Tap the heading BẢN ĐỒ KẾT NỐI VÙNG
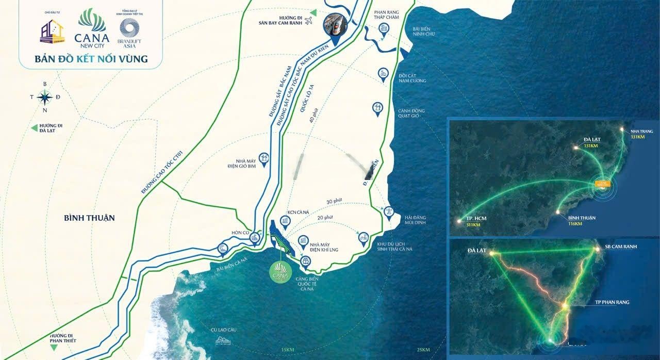[91, 59]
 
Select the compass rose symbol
[45, 96]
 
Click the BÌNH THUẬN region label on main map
[89, 218]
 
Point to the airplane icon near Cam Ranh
[309, 21]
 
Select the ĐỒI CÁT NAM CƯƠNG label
[412, 78]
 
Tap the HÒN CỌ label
[240, 233]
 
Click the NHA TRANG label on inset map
[637, 134]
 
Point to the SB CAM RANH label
[621, 247]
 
